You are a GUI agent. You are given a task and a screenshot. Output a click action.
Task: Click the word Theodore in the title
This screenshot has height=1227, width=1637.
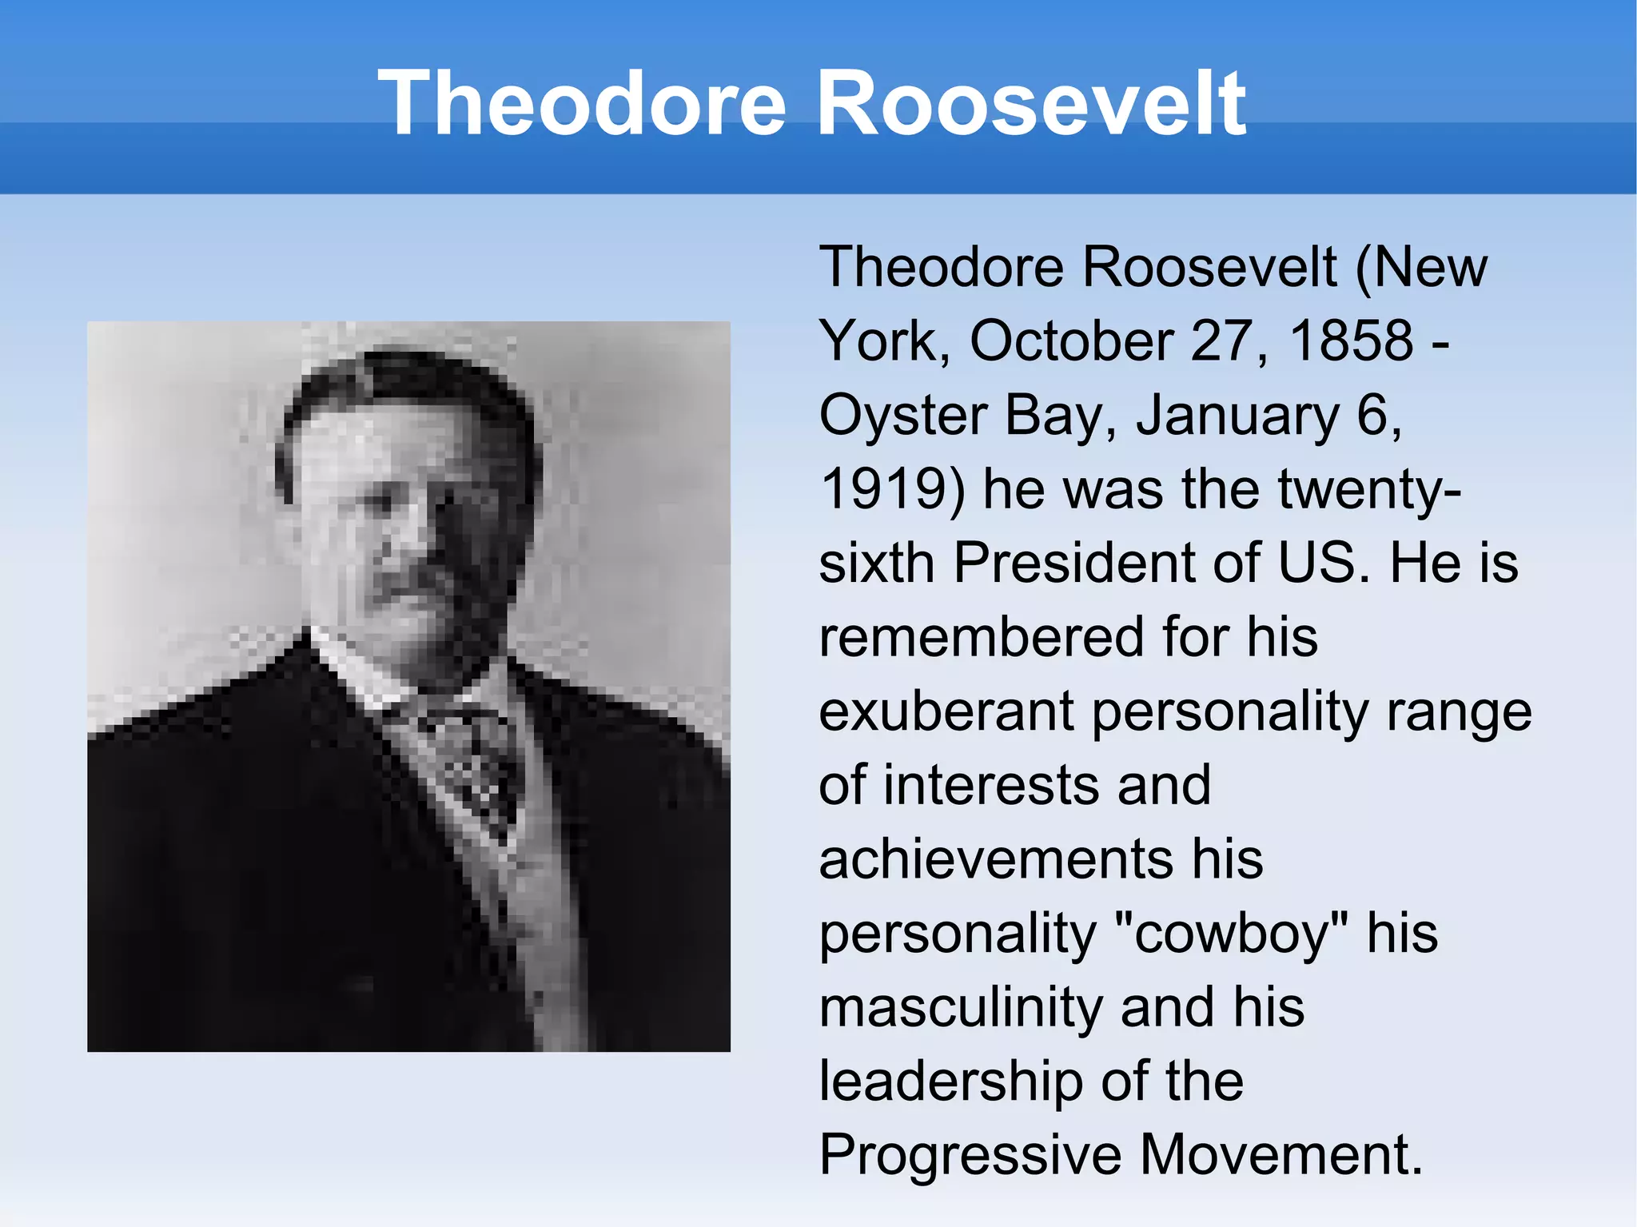(582, 104)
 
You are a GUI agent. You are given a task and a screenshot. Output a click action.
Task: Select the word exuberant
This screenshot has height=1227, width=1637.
(946, 711)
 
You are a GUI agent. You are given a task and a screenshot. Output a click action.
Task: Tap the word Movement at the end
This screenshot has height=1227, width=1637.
(1280, 1155)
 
